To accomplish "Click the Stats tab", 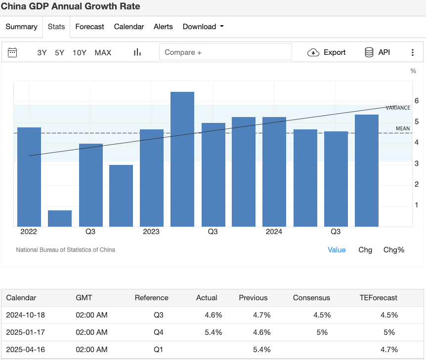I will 56,27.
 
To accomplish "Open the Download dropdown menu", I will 203,27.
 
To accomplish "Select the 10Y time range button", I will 80,52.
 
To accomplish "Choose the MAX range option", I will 103,52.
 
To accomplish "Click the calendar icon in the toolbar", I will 12,52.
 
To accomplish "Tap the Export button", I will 327,52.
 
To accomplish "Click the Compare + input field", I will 225,52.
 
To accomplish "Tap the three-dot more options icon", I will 413,52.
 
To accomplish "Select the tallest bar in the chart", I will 182,159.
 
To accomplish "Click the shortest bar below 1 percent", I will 60,218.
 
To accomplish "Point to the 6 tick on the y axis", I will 417,101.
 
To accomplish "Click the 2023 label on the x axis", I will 151,232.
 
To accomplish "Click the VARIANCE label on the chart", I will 398,108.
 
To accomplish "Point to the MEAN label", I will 403,129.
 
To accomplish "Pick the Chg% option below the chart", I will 394,250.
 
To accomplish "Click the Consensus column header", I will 311,298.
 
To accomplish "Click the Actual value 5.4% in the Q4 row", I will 213,332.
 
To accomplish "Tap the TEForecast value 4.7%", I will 389,350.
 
